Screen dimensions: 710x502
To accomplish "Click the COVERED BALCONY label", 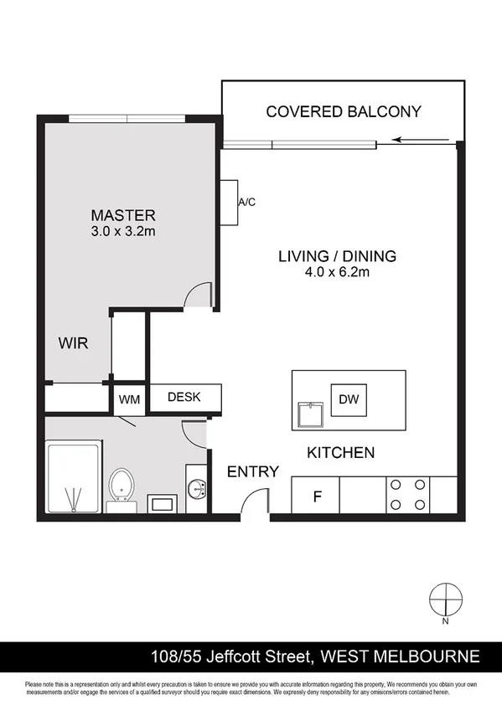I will [343, 111].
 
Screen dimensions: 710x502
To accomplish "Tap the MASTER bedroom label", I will [123, 215].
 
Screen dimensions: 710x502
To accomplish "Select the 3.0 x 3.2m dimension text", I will [123, 231].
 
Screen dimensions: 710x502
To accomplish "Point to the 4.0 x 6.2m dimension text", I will [337, 272].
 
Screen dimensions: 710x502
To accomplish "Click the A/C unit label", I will [246, 203].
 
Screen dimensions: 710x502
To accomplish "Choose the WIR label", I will [73, 343].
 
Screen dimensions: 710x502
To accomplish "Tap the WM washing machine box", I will [129, 399].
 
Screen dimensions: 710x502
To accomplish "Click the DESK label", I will [184, 397].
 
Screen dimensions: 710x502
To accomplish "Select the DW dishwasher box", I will [348, 399].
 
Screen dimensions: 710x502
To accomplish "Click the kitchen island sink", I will [311, 414].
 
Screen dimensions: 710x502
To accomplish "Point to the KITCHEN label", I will [340, 452].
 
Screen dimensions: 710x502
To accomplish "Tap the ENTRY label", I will [252, 472].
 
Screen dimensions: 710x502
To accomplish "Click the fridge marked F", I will [316, 496].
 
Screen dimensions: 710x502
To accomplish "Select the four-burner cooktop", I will [407, 495].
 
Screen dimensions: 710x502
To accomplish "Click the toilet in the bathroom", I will [122, 486].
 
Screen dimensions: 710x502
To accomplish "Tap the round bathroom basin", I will [198, 488].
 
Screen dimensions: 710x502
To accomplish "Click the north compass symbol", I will [445, 599].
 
